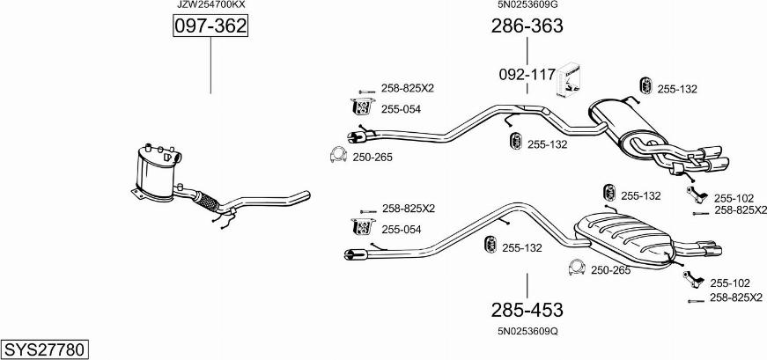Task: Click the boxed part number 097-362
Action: [210, 26]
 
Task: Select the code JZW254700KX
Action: [210, 5]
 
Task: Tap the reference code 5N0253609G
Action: [527, 5]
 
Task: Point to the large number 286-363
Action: [527, 26]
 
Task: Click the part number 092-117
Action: [527, 75]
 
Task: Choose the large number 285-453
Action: [527, 310]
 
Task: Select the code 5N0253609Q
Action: [527, 331]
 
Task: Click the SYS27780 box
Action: [45, 350]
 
